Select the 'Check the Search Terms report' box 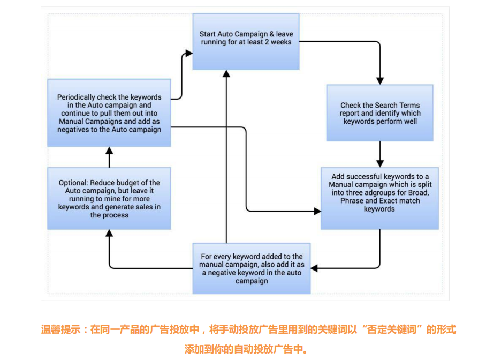pos(380,113)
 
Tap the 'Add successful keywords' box pos(379,198)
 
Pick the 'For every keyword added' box pos(252,268)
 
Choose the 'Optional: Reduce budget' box pos(109,198)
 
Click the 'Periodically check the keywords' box pos(109,113)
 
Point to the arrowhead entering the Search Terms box pos(380,80)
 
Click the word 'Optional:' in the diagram pos(73,183)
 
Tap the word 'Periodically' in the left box pos(77,97)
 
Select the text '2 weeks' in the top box pos(278,42)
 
